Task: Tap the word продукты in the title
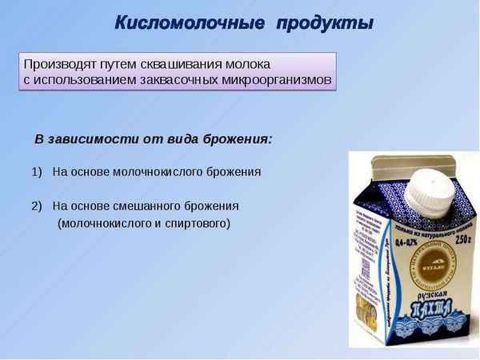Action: (x=324, y=22)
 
